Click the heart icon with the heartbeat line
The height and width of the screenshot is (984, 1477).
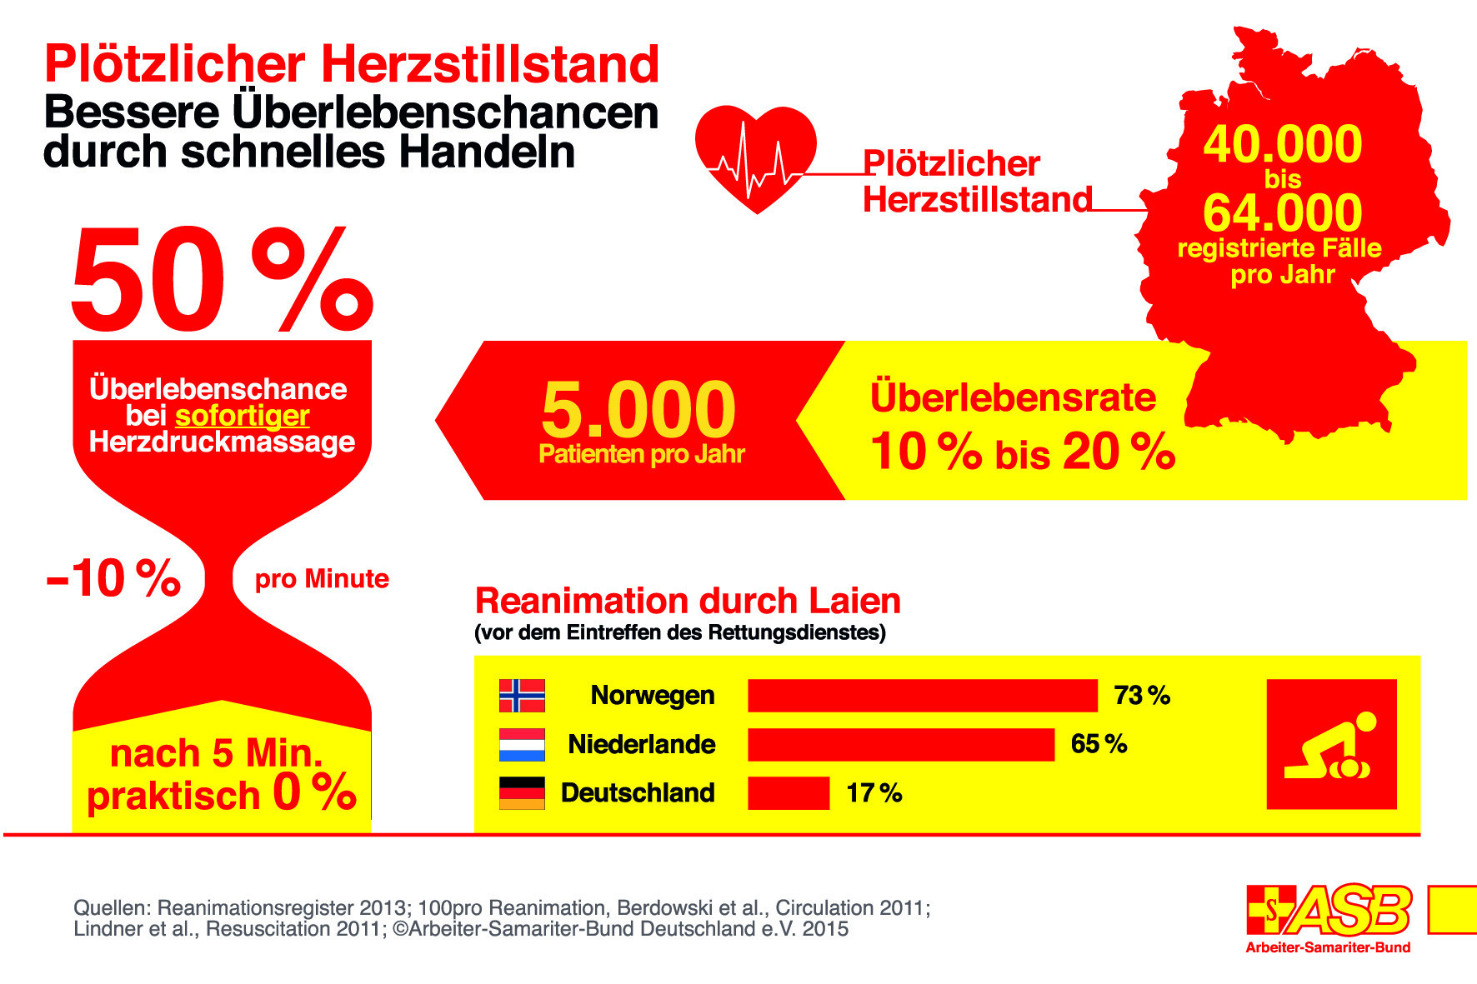(x=755, y=158)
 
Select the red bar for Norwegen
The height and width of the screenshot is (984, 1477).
(x=922, y=696)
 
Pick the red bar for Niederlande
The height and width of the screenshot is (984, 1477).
(x=900, y=744)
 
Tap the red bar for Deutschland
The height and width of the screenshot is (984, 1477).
(x=788, y=793)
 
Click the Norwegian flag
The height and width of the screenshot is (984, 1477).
(x=522, y=696)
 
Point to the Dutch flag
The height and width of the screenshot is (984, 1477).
(x=522, y=745)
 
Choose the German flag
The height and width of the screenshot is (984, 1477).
(x=522, y=793)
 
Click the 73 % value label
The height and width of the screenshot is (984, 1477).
(x=1142, y=696)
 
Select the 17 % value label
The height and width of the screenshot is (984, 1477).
(x=874, y=793)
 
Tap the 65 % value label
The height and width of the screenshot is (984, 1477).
(x=1099, y=744)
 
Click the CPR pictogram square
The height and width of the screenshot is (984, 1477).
(x=1330, y=744)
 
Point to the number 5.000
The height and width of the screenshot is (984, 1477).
(x=638, y=410)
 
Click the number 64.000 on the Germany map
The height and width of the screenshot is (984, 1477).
(x=1282, y=213)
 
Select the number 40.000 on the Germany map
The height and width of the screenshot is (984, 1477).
(x=1282, y=145)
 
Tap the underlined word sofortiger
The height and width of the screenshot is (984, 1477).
(x=242, y=416)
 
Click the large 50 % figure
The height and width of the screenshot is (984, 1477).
(x=222, y=280)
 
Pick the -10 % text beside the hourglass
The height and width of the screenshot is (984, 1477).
(x=113, y=579)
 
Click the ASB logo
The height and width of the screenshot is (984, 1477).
(x=1329, y=912)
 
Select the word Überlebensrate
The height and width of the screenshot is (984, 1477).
(x=1013, y=398)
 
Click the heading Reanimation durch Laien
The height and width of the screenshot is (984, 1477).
(x=688, y=602)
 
